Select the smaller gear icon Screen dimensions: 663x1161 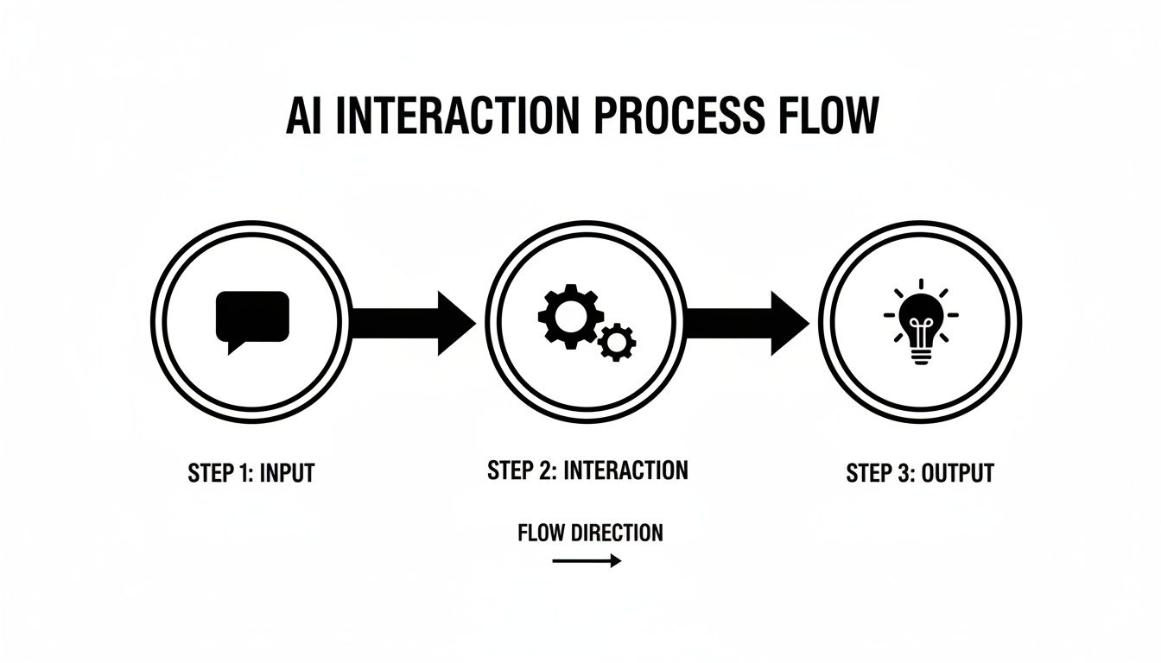(x=617, y=342)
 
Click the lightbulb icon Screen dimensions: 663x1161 (x=921, y=321)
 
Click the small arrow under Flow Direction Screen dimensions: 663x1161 (x=587, y=561)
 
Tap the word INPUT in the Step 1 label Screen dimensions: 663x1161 (x=286, y=473)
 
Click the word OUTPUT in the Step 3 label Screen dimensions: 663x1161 (x=958, y=473)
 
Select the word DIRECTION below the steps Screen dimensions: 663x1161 (x=618, y=533)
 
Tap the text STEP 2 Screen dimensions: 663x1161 (x=521, y=470)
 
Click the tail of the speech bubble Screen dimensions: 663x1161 (x=232, y=347)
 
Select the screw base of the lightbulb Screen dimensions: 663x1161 (x=921, y=357)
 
